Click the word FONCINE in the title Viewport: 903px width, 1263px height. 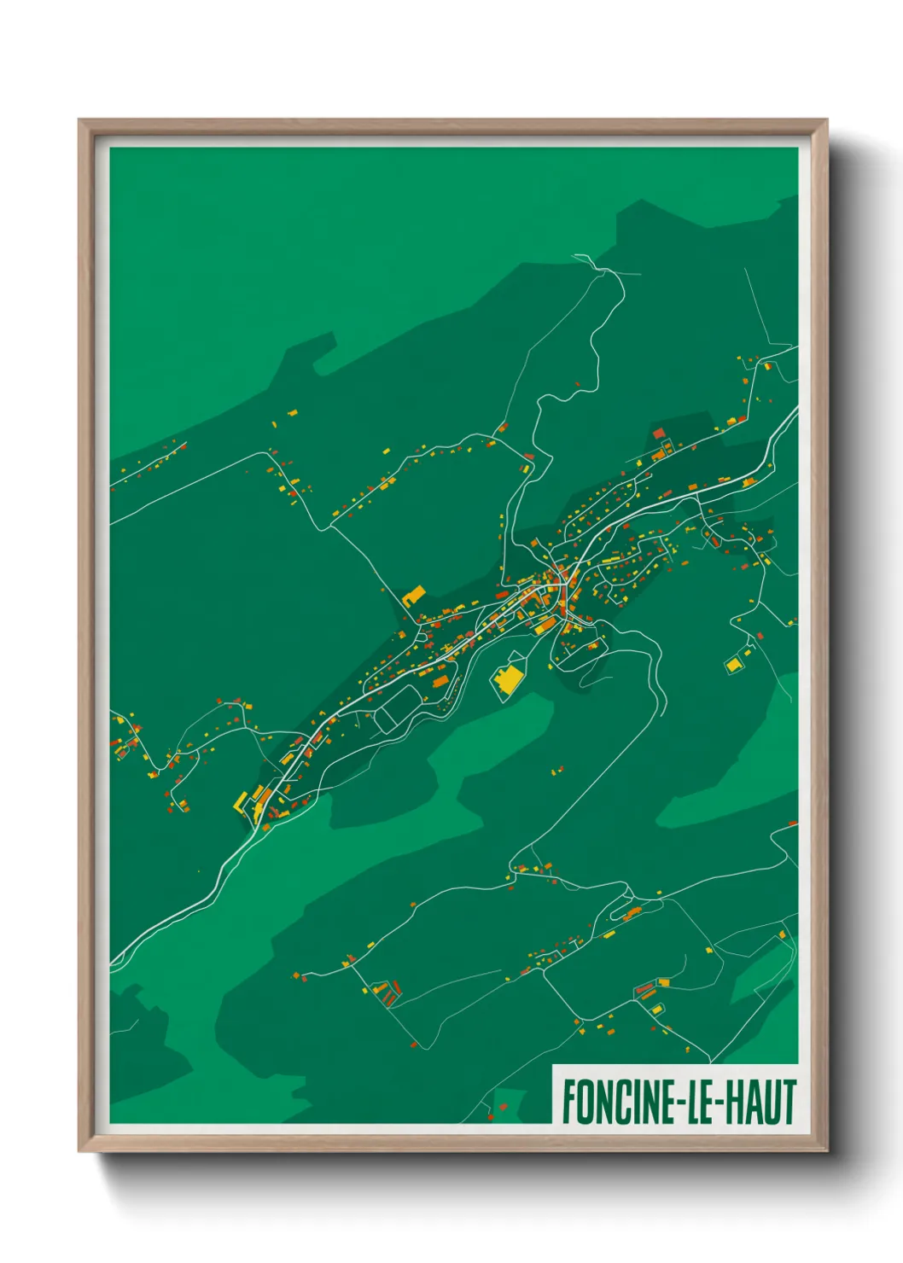click(x=617, y=1102)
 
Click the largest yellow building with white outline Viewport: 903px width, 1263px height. click(x=509, y=680)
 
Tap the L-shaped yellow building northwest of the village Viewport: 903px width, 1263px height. click(x=414, y=594)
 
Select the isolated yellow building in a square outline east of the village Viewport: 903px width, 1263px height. click(x=733, y=664)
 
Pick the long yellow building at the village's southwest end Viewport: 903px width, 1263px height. click(x=241, y=801)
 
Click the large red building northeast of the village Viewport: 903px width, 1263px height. click(x=659, y=434)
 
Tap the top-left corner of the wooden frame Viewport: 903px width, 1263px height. click(x=79, y=120)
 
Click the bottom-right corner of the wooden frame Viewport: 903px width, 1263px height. click(x=827, y=1151)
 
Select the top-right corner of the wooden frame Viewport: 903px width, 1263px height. click(x=827, y=120)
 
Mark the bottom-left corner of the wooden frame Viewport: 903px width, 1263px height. click(x=79, y=1151)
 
